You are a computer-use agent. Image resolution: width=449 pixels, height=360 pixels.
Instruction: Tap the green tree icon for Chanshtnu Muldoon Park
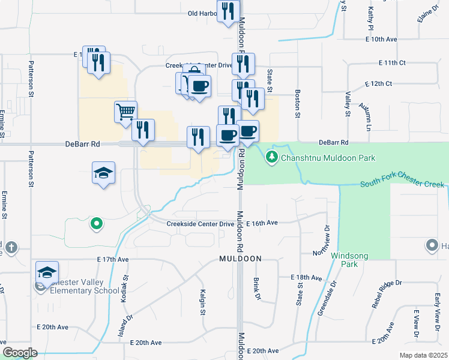pos(272,157)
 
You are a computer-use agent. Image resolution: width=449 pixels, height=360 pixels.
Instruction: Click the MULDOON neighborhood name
pos(240,259)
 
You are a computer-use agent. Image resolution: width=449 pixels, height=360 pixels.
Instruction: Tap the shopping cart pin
pos(125,111)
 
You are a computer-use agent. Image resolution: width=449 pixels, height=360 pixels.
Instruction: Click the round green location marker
pos(95,224)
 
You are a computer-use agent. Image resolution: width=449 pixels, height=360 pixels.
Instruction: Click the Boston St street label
pos(297,103)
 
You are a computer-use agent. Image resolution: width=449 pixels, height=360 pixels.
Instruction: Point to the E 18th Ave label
pos(306,278)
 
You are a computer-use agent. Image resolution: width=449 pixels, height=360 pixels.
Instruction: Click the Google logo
pos(20,353)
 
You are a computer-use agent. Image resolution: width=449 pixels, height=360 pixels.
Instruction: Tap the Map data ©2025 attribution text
pos(423,355)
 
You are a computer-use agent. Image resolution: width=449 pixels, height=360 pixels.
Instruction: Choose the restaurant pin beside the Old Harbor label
pos(228,11)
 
